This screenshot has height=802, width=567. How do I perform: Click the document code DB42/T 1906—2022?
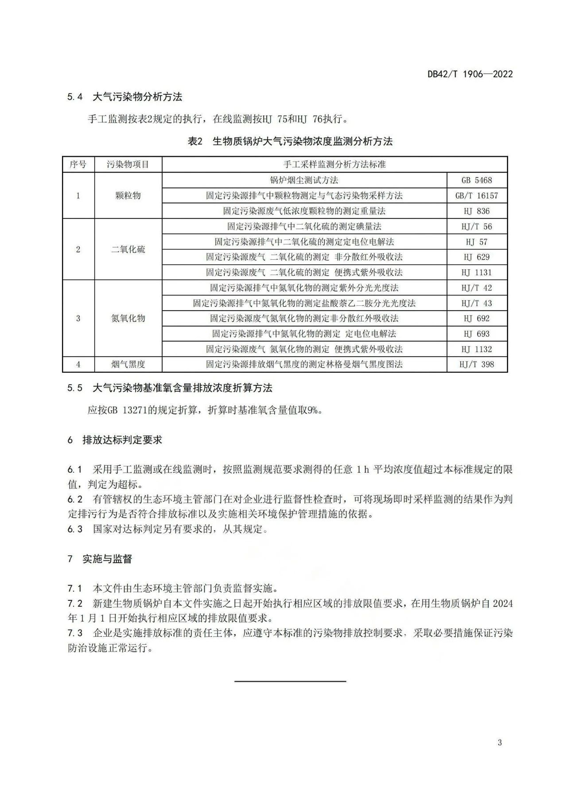click(470, 74)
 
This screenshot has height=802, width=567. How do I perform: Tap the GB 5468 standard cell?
click(477, 180)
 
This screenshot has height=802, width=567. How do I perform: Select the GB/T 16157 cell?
click(477, 195)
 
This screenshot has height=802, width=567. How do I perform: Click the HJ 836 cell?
click(477, 211)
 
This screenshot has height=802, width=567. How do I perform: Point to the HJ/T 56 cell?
click(477, 226)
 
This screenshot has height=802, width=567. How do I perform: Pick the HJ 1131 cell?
click(477, 273)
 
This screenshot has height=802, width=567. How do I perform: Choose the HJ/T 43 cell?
click(477, 303)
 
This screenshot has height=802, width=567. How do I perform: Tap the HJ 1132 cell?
click(477, 349)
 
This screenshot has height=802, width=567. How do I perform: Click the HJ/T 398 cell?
click(477, 364)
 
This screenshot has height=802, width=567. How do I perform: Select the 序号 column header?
click(78, 164)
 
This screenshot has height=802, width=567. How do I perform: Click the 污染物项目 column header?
click(128, 164)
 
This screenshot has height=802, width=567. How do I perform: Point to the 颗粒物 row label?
click(128, 195)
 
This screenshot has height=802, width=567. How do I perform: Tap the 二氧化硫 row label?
click(128, 249)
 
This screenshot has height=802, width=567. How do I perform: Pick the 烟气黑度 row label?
click(128, 364)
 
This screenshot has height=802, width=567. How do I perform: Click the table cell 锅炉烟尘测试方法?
click(304, 180)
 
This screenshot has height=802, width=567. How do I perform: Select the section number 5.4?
click(75, 97)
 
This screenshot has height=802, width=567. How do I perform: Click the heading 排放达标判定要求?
click(122, 440)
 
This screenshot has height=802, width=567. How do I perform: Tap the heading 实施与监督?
click(107, 559)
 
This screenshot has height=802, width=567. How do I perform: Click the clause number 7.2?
click(75, 603)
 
